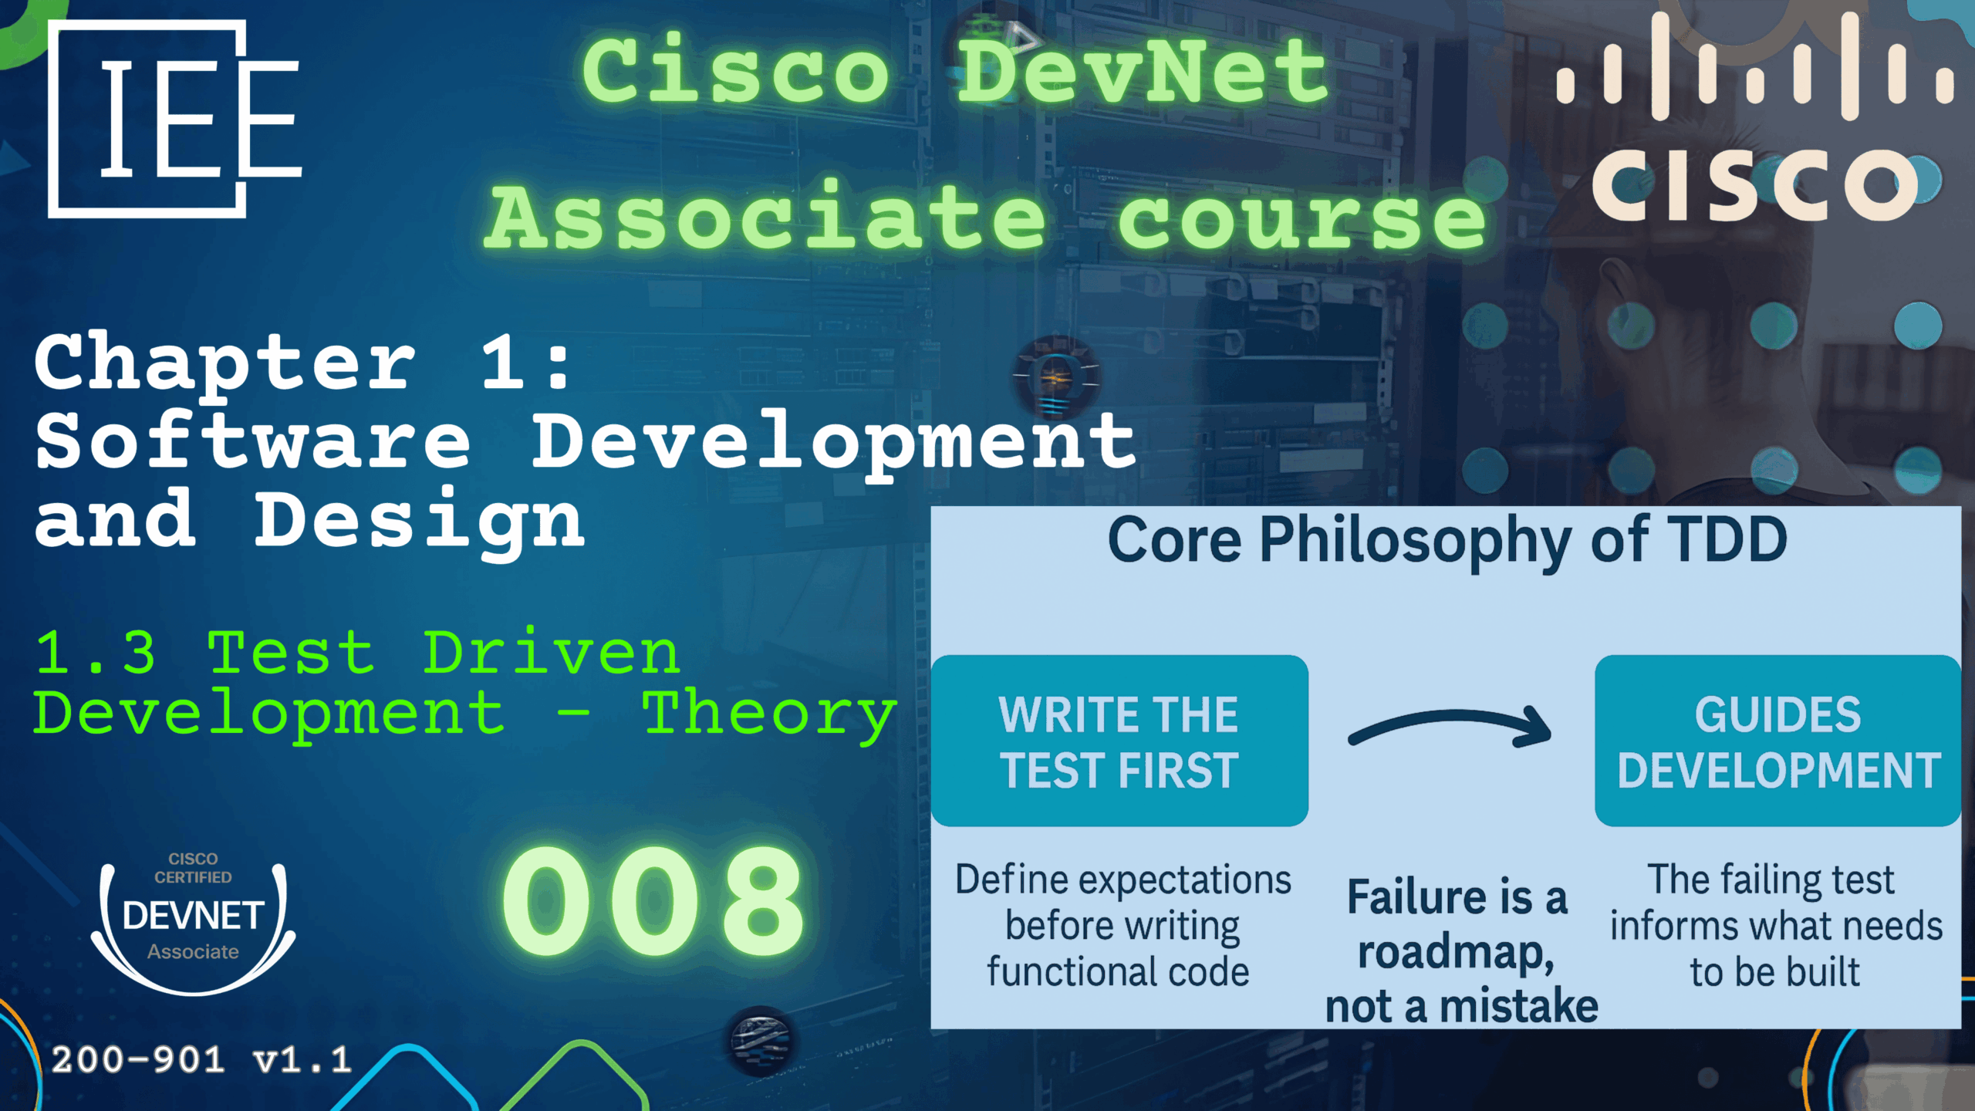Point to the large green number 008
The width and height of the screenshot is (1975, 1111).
coord(653,900)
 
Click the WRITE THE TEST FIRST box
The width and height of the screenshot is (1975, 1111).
coord(1119,741)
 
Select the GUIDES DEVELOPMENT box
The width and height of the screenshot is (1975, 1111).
coord(1777,741)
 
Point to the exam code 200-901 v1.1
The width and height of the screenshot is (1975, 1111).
coord(201,1060)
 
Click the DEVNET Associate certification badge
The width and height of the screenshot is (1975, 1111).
coord(193,922)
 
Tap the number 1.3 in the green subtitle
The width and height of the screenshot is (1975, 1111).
coord(96,653)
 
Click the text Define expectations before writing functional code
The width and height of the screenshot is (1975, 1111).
coord(1122,925)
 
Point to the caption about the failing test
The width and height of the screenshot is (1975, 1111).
coord(1775,925)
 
